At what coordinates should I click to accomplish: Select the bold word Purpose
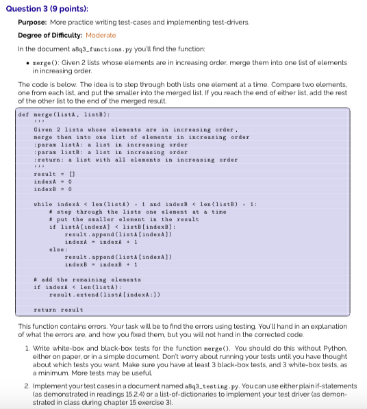click(31, 22)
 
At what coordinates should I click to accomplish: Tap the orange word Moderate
click(101, 35)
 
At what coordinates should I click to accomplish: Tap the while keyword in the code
click(42, 205)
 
